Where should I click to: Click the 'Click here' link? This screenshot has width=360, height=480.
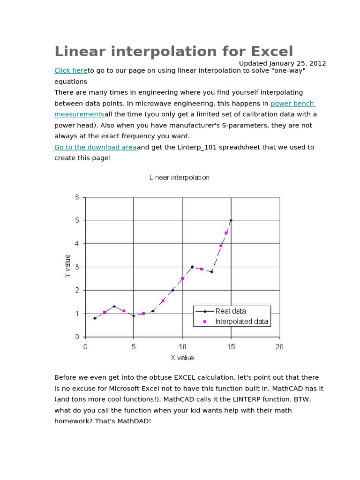click(x=71, y=71)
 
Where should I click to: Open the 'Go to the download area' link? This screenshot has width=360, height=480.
click(x=96, y=147)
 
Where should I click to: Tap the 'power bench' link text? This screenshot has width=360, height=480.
click(x=293, y=104)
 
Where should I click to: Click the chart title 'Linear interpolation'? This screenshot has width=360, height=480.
click(x=179, y=178)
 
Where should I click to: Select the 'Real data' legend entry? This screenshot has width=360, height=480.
click(x=230, y=311)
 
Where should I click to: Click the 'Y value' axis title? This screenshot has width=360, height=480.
click(x=67, y=266)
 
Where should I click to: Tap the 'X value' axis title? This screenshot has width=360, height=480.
click(x=182, y=358)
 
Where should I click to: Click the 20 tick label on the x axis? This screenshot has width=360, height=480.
click(x=279, y=347)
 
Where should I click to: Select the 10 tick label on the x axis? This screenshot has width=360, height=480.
click(x=182, y=347)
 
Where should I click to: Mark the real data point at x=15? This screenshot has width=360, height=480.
click(x=231, y=220)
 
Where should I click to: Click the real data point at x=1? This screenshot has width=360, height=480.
click(x=95, y=318)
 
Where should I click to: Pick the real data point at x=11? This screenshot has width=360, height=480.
click(x=192, y=267)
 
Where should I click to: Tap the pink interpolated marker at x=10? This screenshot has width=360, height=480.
click(x=182, y=278)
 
